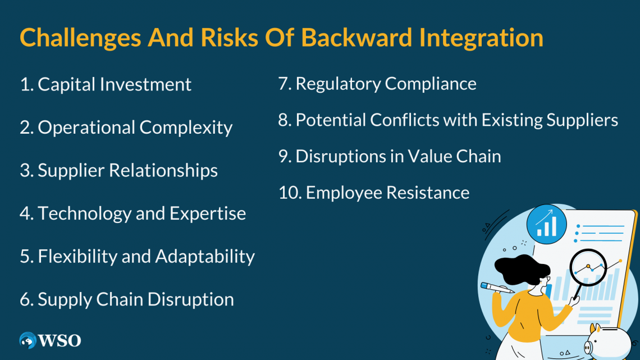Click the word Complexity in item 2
(186, 127)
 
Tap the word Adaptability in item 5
(205, 256)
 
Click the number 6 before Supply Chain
(25, 299)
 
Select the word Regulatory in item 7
(338, 84)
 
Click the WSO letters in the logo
(60, 340)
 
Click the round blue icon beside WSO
(28, 340)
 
